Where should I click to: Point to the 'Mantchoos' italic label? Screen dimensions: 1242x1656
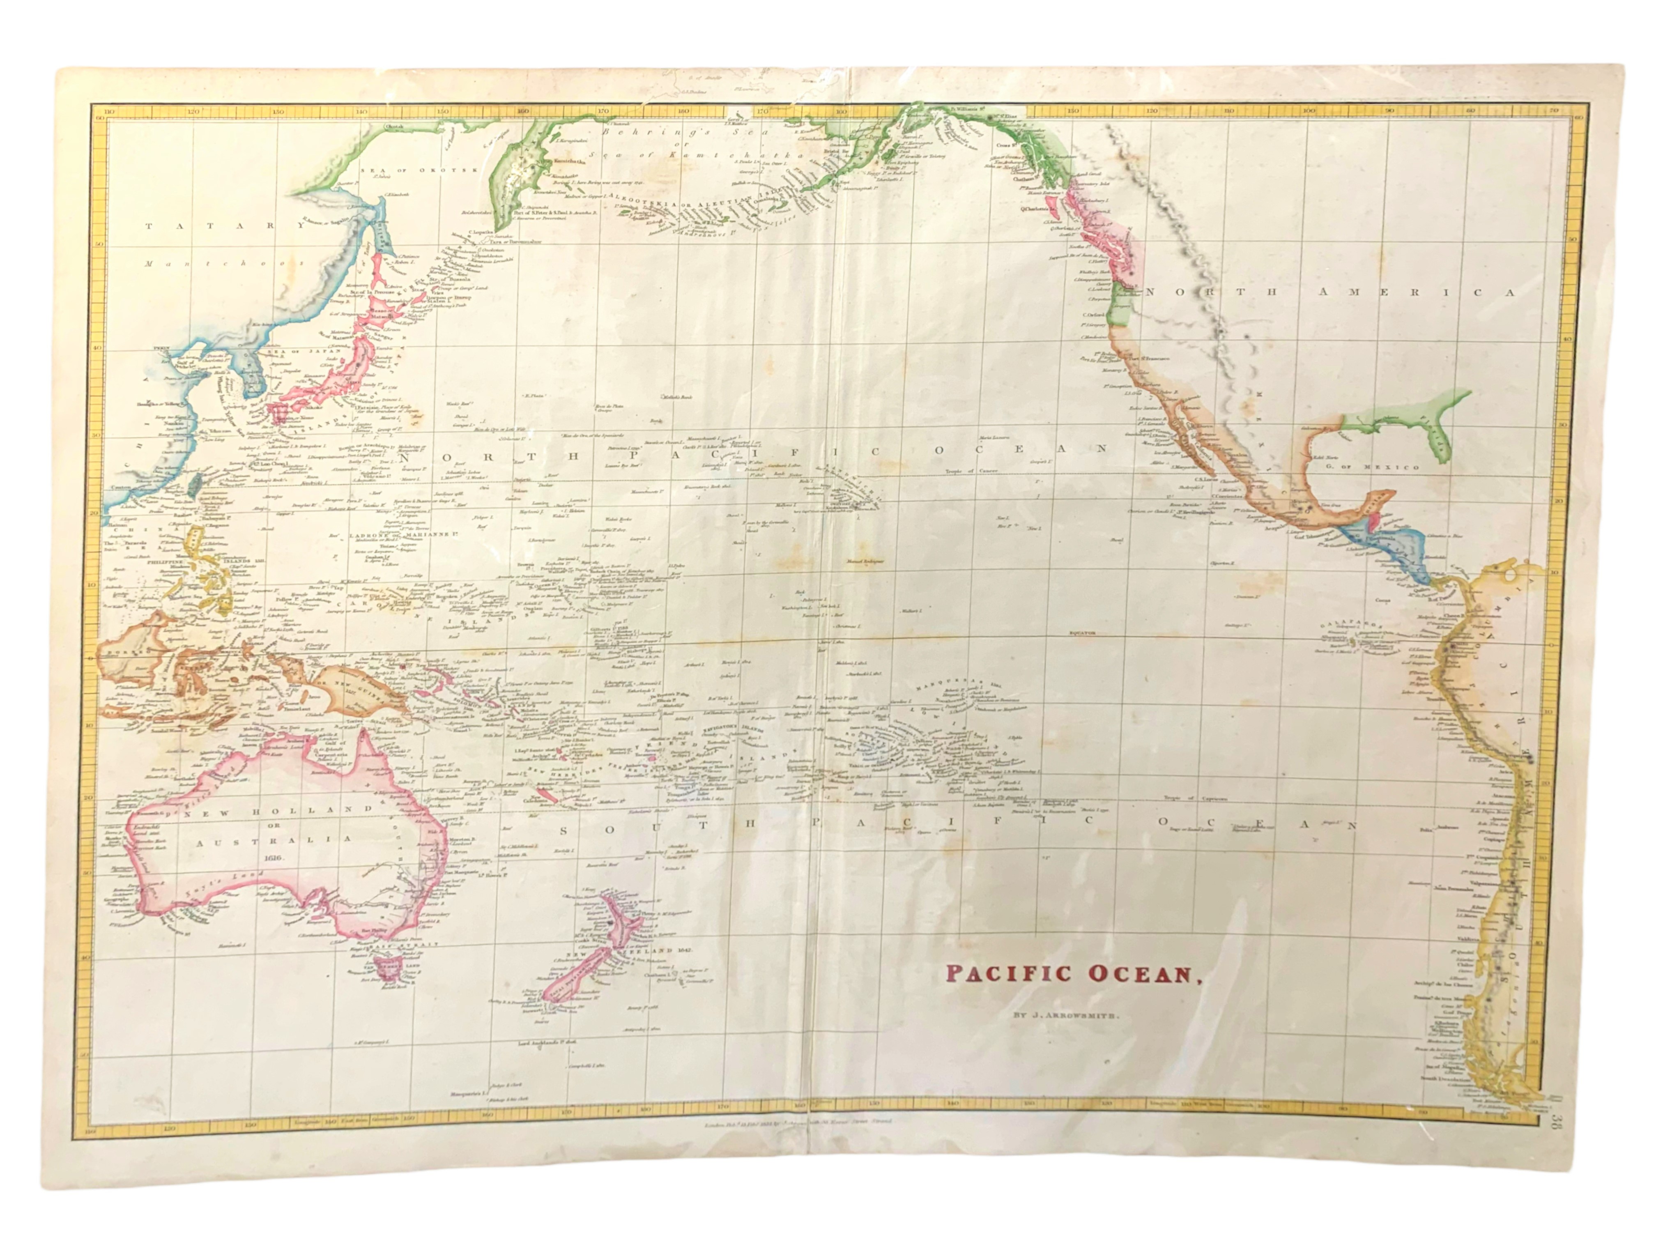click(x=225, y=264)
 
